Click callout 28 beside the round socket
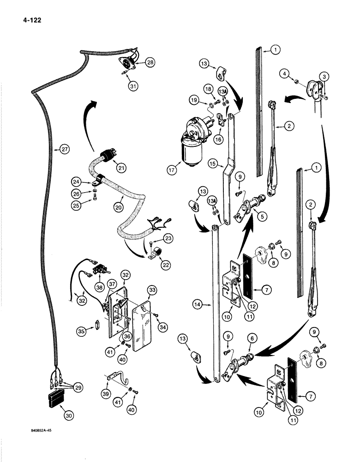click(150, 62)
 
